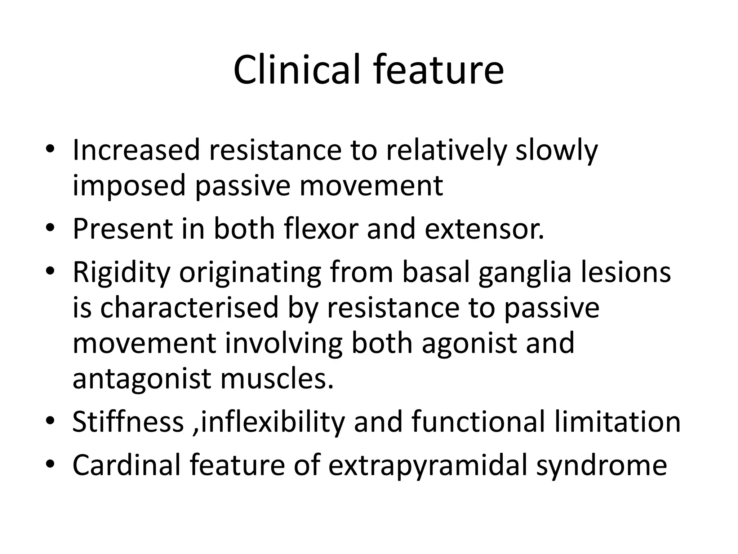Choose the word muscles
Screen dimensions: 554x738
[x=277, y=379]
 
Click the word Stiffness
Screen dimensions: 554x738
[x=128, y=422]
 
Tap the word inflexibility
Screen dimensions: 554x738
[x=273, y=422]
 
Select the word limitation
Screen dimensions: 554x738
[x=617, y=422]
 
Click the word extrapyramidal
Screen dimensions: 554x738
[x=428, y=465]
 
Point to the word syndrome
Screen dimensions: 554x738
[x=601, y=465]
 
